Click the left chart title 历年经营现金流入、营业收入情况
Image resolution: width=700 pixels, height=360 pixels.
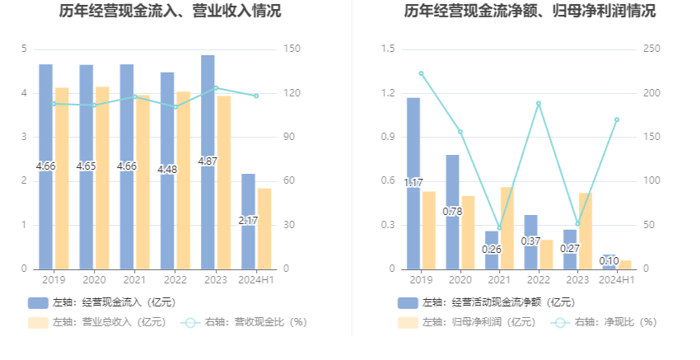click(x=170, y=12)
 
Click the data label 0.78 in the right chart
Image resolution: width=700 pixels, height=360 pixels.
click(x=453, y=212)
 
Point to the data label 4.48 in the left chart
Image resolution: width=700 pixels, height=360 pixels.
click(x=167, y=170)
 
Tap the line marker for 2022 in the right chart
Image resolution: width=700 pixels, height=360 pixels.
click(x=539, y=104)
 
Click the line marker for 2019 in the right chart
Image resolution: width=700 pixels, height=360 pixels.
click(x=421, y=73)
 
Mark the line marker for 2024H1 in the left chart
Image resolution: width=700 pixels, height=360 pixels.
click(x=256, y=96)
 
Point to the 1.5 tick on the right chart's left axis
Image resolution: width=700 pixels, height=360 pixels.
click(x=388, y=49)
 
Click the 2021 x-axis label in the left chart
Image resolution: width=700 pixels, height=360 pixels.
click(x=134, y=280)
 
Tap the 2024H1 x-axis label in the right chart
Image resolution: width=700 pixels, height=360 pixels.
click(x=616, y=280)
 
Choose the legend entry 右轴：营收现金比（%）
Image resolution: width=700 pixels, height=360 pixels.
click(x=245, y=322)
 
